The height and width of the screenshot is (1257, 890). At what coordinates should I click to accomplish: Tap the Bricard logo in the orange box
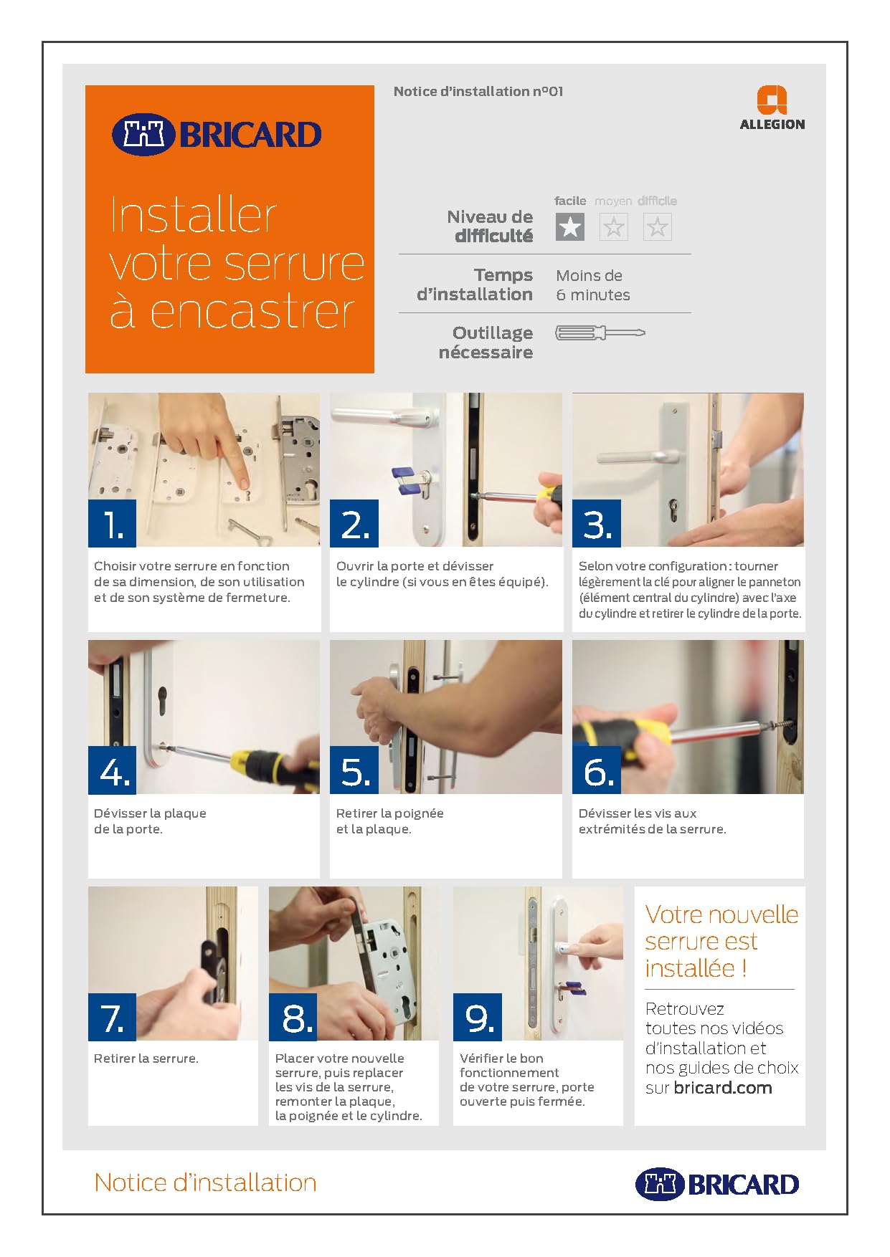coord(216,134)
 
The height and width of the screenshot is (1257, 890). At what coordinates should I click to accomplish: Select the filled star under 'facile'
coord(570,227)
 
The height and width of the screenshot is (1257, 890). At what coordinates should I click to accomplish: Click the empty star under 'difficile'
coord(657,227)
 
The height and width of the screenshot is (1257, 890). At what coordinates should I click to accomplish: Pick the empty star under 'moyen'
coord(613,227)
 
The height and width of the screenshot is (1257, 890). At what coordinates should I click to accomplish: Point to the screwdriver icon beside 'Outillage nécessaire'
coord(600,333)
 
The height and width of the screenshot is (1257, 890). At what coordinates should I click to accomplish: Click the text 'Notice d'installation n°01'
coord(478,92)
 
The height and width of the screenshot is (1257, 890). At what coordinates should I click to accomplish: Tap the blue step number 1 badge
coord(112,524)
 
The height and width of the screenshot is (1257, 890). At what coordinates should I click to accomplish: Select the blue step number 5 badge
coord(354,770)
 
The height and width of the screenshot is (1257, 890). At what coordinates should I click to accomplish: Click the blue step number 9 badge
coord(478,1017)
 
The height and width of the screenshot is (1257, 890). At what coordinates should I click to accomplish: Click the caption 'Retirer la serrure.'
coord(146,1058)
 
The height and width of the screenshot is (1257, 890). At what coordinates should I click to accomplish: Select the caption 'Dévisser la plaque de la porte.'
coord(150,821)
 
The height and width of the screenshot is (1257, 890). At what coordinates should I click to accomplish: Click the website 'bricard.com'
coord(723,1088)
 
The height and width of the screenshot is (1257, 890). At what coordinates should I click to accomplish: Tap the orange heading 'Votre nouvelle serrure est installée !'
coord(721,941)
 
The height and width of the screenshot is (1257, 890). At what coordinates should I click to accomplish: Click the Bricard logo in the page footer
coord(717,1184)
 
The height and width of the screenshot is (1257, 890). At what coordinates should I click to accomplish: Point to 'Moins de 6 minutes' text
coord(593,285)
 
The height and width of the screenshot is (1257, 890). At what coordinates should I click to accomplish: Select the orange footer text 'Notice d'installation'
coord(205,1182)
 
